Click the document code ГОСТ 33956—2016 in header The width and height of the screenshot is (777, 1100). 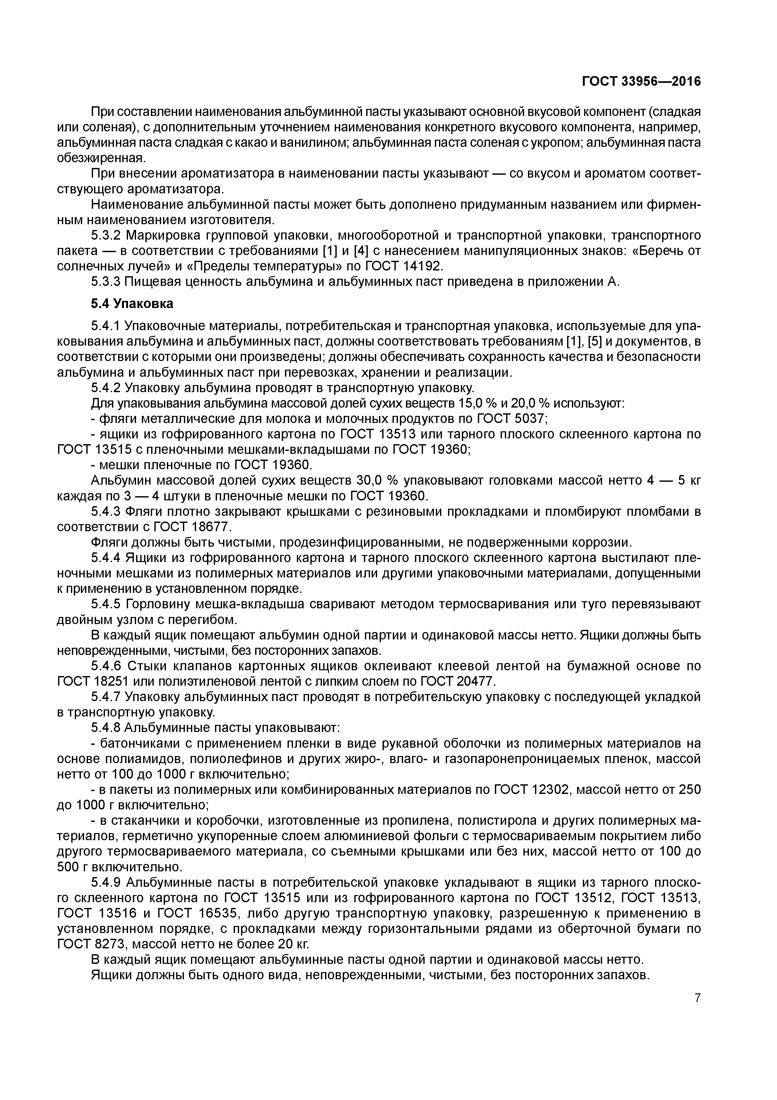pos(641,82)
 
